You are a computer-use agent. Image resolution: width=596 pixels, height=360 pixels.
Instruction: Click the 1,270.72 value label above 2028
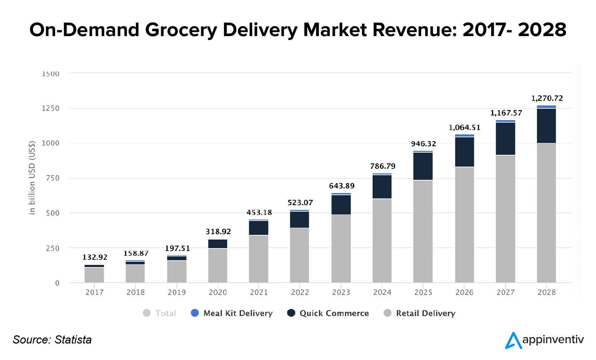coord(547,98)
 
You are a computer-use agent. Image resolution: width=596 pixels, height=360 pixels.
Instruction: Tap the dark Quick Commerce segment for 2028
coord(546,125)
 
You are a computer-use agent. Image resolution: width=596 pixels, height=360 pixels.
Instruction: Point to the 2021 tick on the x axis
coord(259,292)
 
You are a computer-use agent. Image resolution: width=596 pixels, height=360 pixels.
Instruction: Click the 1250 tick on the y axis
coord(50,108)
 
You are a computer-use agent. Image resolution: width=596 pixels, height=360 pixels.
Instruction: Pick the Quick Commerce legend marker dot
coord(291,313)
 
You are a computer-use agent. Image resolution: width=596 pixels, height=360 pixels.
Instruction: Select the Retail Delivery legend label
coord(426,314)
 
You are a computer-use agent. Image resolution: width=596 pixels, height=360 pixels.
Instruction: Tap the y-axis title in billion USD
coord(32,178)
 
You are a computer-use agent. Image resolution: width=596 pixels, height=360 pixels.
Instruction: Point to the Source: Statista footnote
coord(52,340)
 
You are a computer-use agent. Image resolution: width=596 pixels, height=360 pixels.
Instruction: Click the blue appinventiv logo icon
coord(513,340)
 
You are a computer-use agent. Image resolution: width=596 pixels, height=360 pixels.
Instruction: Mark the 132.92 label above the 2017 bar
coord(95,257)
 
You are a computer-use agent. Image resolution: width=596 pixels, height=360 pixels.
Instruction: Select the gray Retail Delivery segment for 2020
coord(218,265)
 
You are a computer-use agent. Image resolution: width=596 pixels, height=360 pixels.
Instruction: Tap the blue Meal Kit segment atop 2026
coord(465,135)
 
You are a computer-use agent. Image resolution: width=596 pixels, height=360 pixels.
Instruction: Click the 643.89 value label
coord(342,186)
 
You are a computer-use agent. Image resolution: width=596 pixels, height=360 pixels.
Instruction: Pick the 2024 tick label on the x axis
coord(382,292)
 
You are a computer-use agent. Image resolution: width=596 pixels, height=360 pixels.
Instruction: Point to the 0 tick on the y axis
coord(57,283)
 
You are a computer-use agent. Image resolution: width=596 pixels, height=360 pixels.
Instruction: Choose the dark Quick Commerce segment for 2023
coord(341,205)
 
